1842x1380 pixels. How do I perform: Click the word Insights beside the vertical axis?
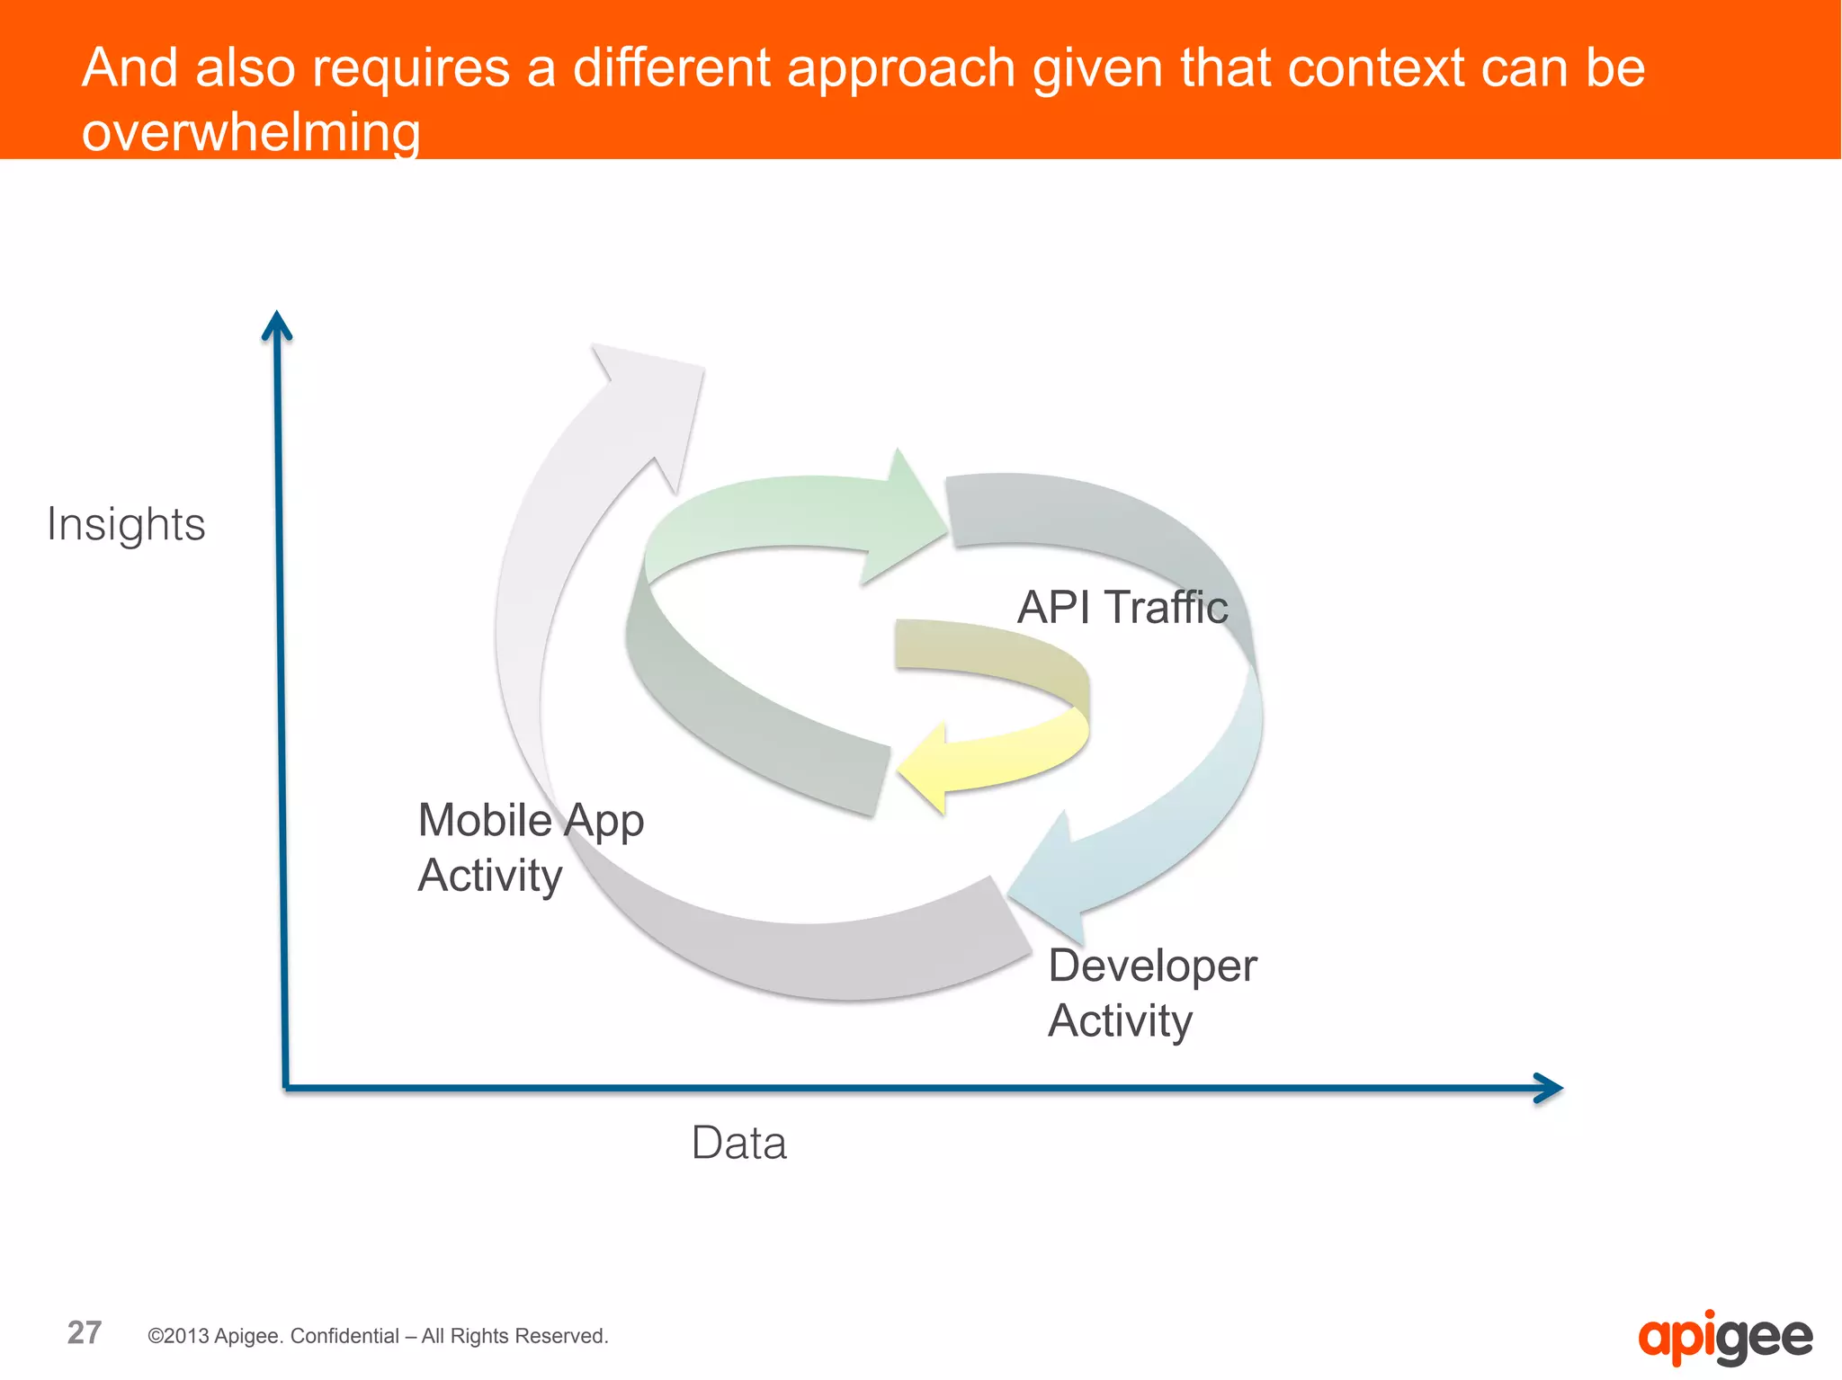coord(126,524)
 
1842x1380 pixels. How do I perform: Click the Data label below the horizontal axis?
coord(738,1144)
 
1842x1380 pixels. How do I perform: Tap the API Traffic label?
coord(1122,607)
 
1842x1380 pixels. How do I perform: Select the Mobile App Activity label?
coord(530,847)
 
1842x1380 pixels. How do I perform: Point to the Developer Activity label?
coord(1151,993)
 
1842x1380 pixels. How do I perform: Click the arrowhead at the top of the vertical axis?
coord(277,325)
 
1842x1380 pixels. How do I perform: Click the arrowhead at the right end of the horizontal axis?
coord(1548,1088)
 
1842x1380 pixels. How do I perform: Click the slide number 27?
coord(85,1332)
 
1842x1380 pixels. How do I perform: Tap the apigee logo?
coord(1724,1337)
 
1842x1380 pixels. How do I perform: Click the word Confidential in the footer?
coord(344,1336)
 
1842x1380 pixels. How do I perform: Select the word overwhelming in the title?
coord(251,132)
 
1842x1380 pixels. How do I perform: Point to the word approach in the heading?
coord(901,69)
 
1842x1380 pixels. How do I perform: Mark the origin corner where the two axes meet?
coord(285,1088)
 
